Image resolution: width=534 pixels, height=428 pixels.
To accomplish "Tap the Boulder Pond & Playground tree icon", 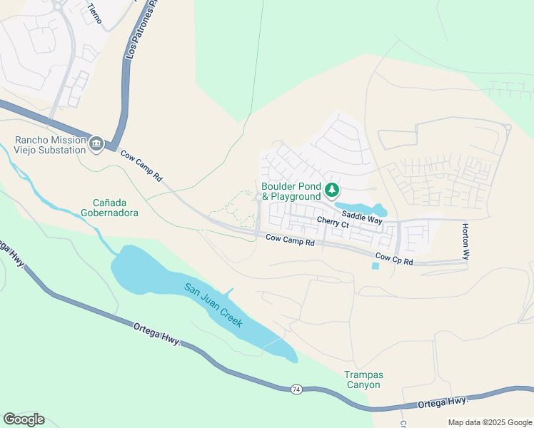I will pyautogui.click(x=331, y=190).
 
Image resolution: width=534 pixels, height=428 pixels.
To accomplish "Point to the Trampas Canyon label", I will pyautogui.click(x=363, y=379).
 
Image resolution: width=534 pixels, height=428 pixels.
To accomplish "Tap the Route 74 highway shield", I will pyautogui.click(x=296, y=389).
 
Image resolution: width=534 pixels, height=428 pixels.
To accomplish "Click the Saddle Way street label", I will pyautogui.click(x=361, y=217).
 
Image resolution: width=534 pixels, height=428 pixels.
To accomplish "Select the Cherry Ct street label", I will pyautogui.click(x=333, y=223).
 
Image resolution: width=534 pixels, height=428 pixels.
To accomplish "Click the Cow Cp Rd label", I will pyautogui.click(x=394, y=260).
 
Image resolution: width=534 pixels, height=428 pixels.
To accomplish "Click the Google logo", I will pyautogui.click(x=24, y=419).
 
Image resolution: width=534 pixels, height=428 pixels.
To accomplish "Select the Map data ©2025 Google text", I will pyautogui.click(x=489, y=422).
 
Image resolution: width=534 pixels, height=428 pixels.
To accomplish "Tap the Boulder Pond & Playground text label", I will pyautogui.click(x=291, y=190).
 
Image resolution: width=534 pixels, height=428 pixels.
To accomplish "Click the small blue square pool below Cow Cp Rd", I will pyautogui.click(x=376, y=266).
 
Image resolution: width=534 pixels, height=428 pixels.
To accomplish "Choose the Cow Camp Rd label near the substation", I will pyautogui.click(x=141, y=165).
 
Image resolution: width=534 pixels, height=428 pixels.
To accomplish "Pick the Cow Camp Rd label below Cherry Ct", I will pyautogui.click(x=290, y=242).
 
